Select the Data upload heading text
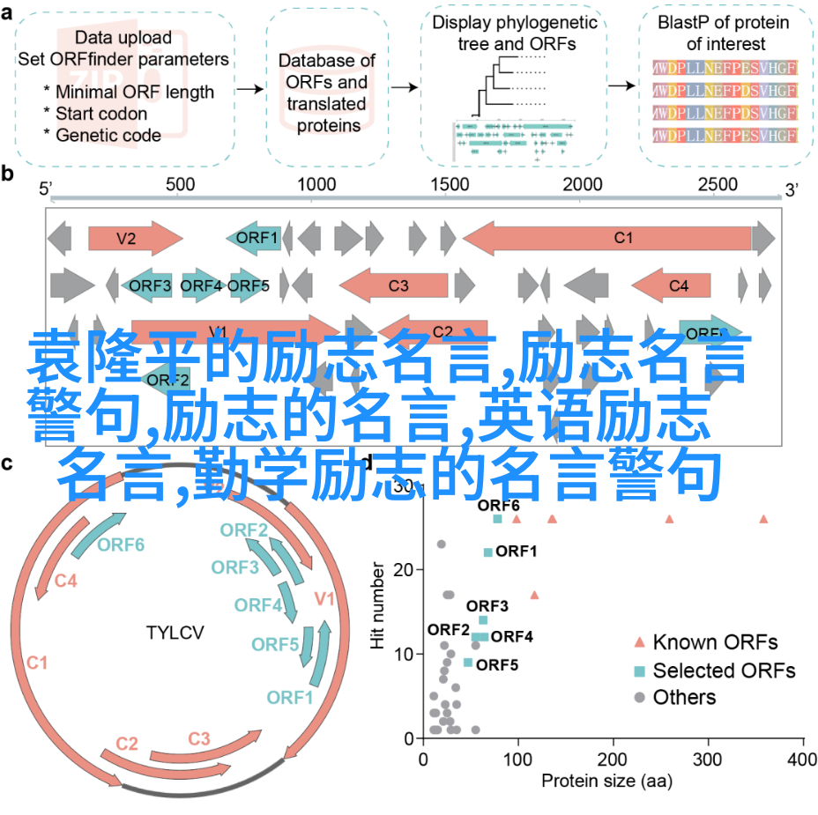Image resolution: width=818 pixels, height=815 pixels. tap(123, 37)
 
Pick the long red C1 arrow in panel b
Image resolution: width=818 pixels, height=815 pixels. tap(618, 237)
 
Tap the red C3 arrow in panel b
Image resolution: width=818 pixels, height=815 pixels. tap(393, 285)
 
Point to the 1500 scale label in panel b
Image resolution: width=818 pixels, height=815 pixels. tap(451, 184)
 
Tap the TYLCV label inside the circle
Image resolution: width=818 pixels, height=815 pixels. tap(175, 632)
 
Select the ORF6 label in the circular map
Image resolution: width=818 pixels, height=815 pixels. tap(121, 545)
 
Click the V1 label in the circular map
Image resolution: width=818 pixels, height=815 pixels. tap(324, 600)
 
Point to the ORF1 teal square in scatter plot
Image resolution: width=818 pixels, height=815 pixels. tap(487, 552)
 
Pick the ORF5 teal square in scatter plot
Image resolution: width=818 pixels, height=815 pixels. tap(468, 663)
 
